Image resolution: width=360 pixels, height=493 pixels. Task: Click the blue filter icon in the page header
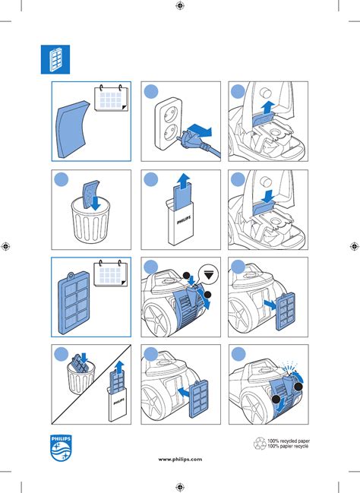point(55,59)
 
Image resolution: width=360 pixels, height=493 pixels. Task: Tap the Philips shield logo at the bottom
point(61,448)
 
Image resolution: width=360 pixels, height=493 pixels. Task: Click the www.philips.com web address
point(180,460)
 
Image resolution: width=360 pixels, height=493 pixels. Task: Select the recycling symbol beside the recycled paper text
point(260,444)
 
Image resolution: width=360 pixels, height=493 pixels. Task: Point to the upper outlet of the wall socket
point(168,112)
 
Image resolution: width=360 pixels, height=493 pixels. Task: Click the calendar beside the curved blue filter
point(112,98)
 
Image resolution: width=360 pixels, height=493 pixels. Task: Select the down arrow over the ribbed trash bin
point(96,203)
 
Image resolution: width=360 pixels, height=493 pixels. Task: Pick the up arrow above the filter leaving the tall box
point(183,181)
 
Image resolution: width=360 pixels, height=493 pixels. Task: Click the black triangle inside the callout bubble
point(209,276)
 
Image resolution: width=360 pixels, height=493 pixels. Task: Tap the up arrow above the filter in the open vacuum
point(267,108)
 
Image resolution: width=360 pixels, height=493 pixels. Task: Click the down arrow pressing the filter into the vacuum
point(268,196)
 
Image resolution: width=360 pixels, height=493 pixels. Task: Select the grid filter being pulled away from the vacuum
point(286,311)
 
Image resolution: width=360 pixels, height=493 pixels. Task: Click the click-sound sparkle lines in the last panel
point(289,365)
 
